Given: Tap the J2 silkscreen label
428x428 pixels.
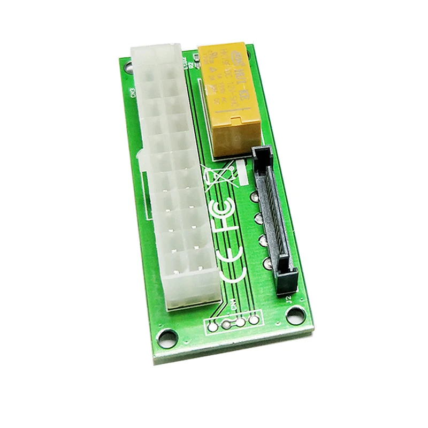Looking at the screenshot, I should click(x=289, y=300).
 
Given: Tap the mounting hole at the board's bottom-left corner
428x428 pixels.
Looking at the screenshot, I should click(x=167, y=338).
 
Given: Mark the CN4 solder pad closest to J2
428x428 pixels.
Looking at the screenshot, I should click(x=254, y=320).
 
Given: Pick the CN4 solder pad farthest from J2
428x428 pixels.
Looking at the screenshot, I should click(x=213, y=326).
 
